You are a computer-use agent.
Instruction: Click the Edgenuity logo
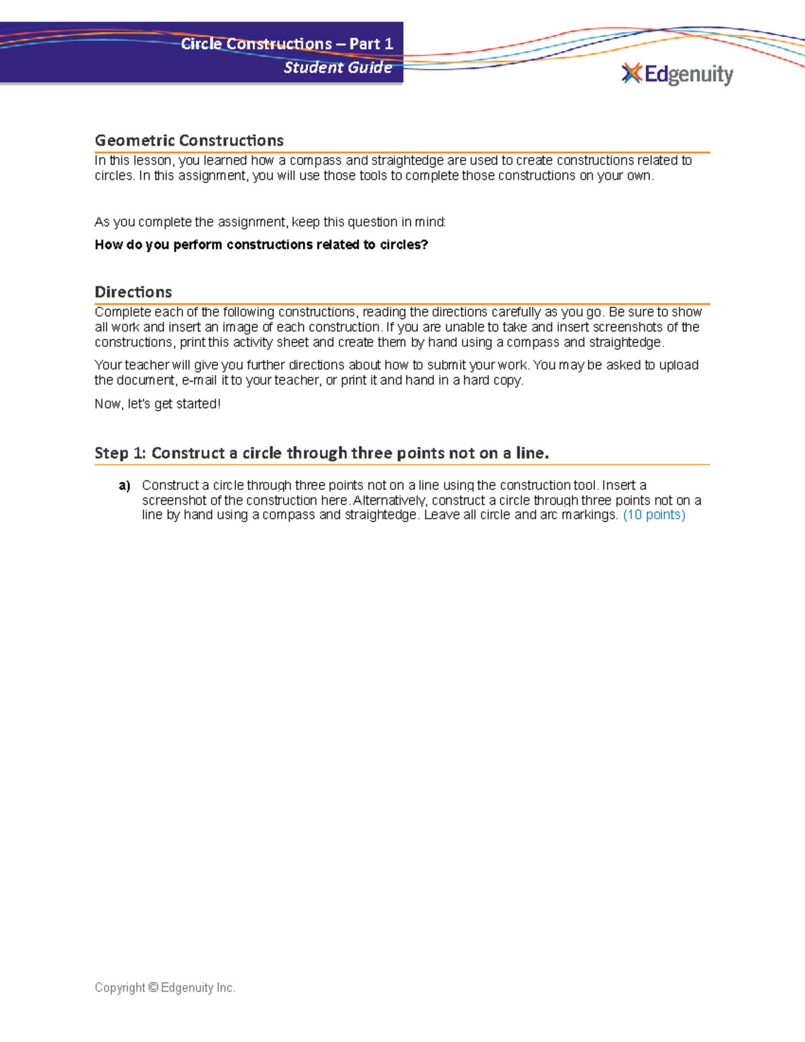[x=678, y=74]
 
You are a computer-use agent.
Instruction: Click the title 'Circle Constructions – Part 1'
[x=286, y=44]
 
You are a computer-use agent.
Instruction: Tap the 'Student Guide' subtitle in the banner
[x=337, y=67]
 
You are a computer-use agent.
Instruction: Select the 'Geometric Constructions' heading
[x=189, y=140]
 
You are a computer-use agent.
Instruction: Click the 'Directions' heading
[x=133, y=292]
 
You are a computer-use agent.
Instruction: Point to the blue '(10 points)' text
[x=654, y=515]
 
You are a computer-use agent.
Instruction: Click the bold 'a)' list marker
[x=124, y=485]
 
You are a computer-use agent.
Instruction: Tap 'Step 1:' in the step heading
[x=120, y=453]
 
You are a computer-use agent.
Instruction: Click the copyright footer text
[x=165, y=988]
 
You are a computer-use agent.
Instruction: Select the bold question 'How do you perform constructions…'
[x=261, y=244]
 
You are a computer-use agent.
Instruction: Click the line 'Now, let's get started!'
[x=158, y=404]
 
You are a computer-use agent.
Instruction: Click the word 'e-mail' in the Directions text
[x=199, y=380]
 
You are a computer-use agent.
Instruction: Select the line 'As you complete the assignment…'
[x=270, y=222]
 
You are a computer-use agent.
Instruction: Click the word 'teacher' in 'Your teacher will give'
[x=146, y=365]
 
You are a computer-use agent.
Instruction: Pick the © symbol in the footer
[x=153, y=988]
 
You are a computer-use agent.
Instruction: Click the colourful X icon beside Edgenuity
[x=631, y=73]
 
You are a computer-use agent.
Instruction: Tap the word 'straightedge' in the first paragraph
[x=407, y=160]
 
